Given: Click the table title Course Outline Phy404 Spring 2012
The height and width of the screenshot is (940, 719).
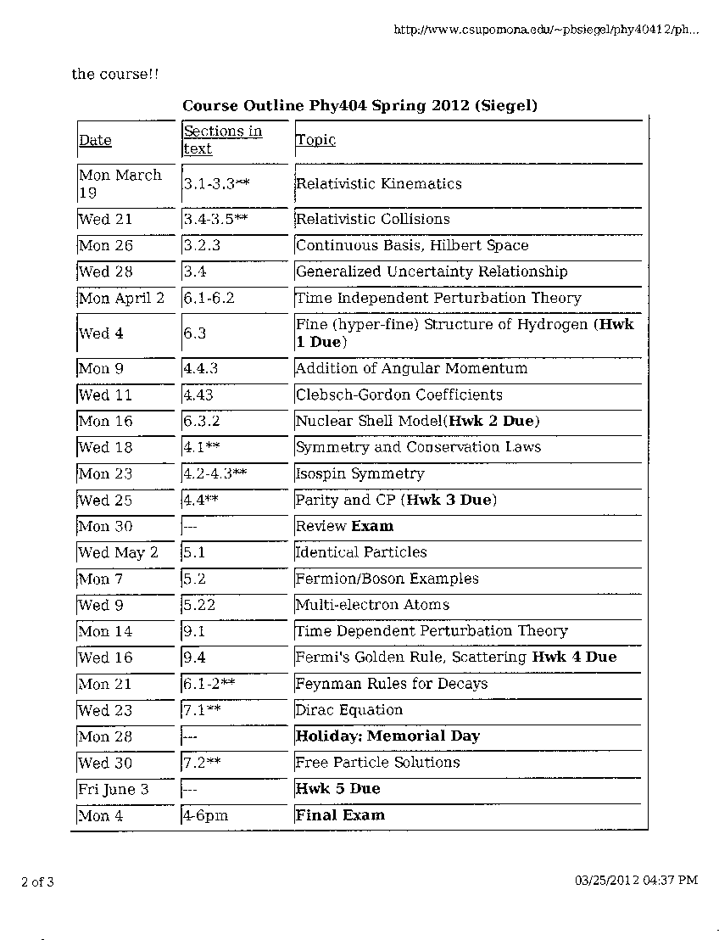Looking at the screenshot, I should (359, 106).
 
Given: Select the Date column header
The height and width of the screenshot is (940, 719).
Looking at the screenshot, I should (95, 141).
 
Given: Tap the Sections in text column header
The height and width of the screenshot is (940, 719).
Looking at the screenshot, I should (222, 140).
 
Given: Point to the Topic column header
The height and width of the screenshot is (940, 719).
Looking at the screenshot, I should (315, 140).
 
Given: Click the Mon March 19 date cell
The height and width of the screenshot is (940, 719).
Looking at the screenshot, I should (120, 183).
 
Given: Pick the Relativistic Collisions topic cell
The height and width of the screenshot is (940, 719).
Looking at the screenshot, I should (372, 219).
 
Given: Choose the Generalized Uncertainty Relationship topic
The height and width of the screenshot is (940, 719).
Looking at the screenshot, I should (432, 271).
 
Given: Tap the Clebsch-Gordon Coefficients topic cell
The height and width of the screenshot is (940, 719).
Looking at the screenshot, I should (399, 394).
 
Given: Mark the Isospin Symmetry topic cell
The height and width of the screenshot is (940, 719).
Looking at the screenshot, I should (359, 473).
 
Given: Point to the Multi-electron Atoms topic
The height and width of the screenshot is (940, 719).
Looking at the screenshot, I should (372, 605).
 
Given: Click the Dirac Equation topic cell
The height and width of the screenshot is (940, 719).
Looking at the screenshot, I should (348, 710).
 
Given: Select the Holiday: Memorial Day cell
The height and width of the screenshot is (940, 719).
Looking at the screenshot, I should (387, 736).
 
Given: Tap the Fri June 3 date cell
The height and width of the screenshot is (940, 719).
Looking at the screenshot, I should (114, 789).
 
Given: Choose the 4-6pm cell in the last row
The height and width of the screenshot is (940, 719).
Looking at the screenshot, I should (205, 815).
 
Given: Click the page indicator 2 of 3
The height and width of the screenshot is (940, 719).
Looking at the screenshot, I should (37, 881).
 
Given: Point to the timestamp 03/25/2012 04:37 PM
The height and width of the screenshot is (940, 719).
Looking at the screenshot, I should (636, 881).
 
